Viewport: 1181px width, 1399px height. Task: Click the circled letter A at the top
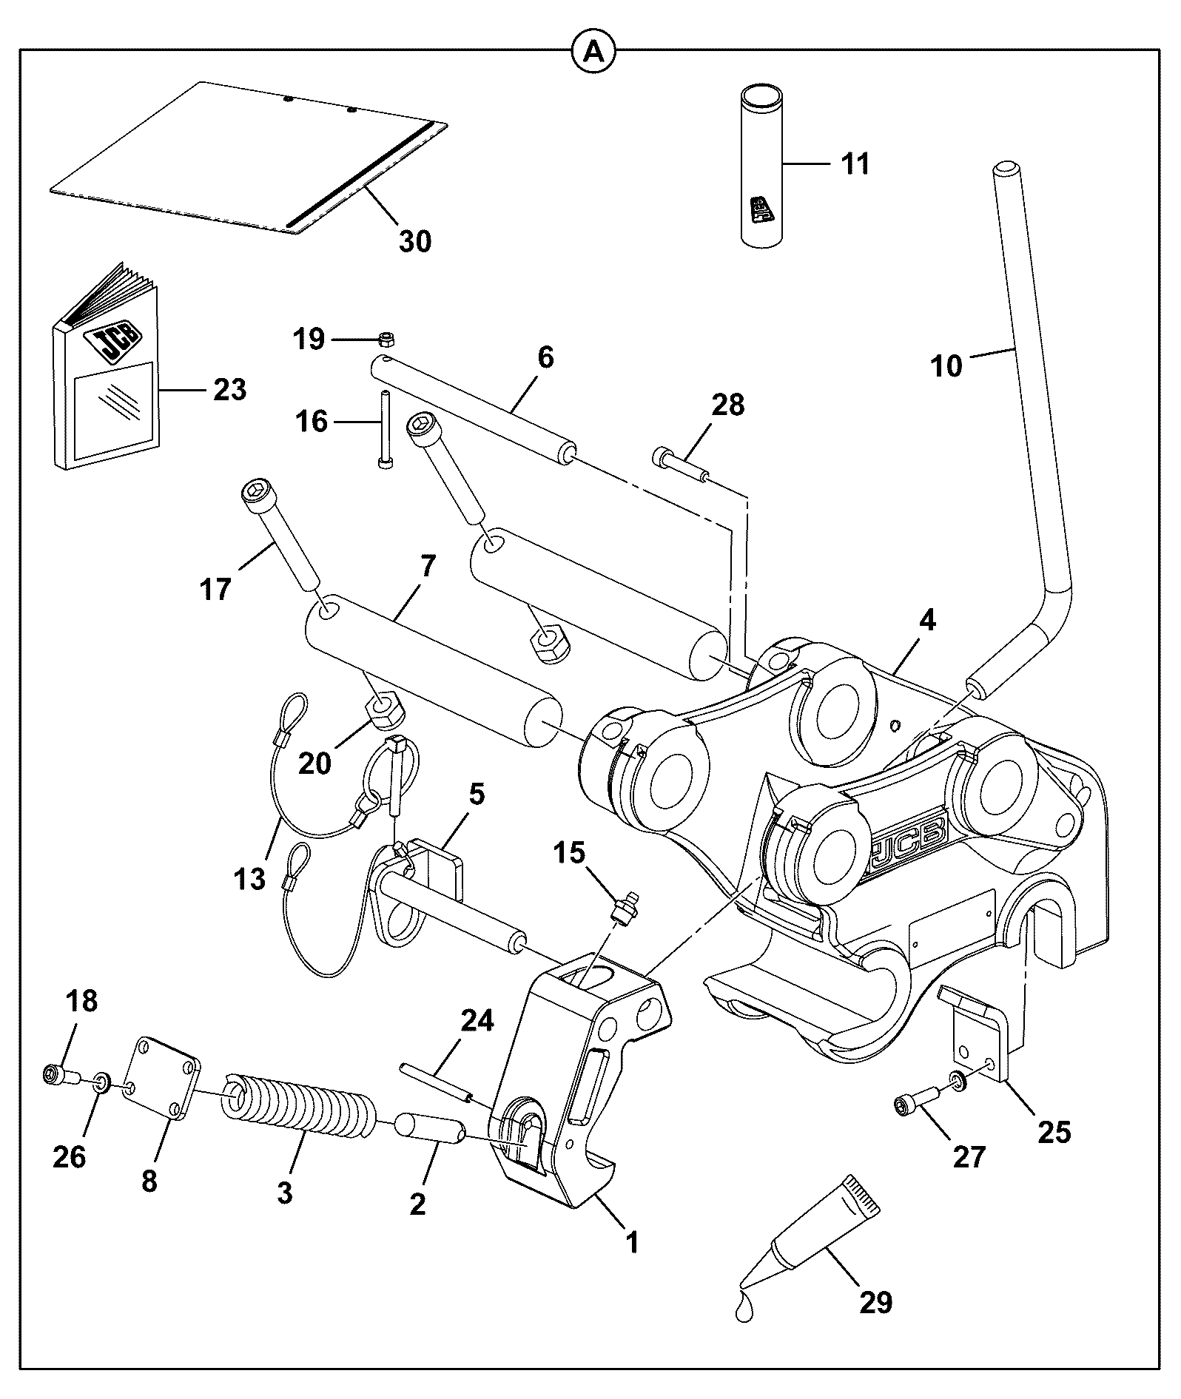593,51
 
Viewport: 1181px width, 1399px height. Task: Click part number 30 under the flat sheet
414,240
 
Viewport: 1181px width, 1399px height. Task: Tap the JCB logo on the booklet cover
114,343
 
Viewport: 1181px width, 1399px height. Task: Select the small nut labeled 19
386,340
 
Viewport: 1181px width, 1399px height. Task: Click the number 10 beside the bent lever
946,365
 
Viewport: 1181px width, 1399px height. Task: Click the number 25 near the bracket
1054,1131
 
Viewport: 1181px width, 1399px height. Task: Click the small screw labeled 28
681,465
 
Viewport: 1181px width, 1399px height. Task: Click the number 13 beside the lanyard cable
249,880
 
